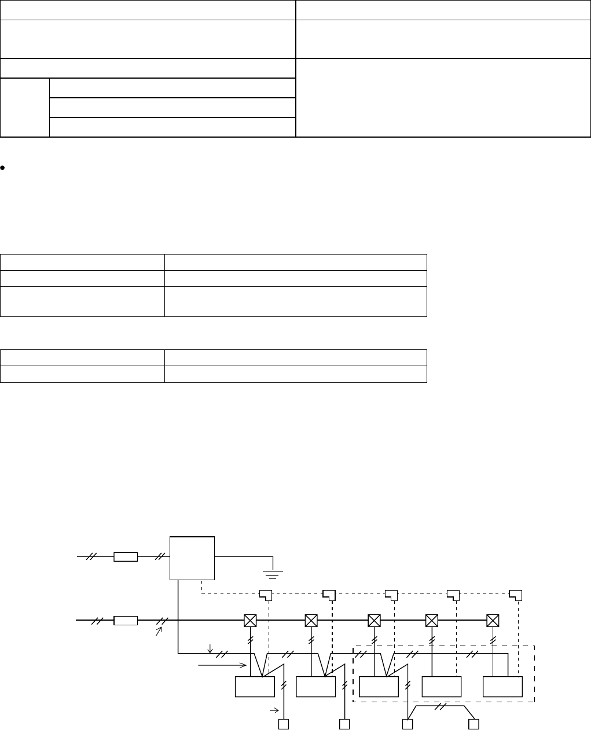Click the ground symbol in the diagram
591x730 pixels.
273,573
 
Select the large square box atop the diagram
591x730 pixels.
192,558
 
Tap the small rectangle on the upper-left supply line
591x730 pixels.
126,557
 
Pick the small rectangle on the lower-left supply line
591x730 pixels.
126,621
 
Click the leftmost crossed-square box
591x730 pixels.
250,621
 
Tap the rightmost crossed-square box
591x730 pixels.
493,621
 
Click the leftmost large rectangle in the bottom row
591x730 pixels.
255,687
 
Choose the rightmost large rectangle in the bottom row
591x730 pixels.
503,687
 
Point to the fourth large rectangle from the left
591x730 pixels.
442,687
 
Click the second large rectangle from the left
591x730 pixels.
315,687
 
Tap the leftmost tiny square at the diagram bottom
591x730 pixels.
284,724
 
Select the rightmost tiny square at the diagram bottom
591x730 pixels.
474,724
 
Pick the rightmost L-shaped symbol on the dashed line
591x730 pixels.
515,595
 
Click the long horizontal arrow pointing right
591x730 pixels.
220,666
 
